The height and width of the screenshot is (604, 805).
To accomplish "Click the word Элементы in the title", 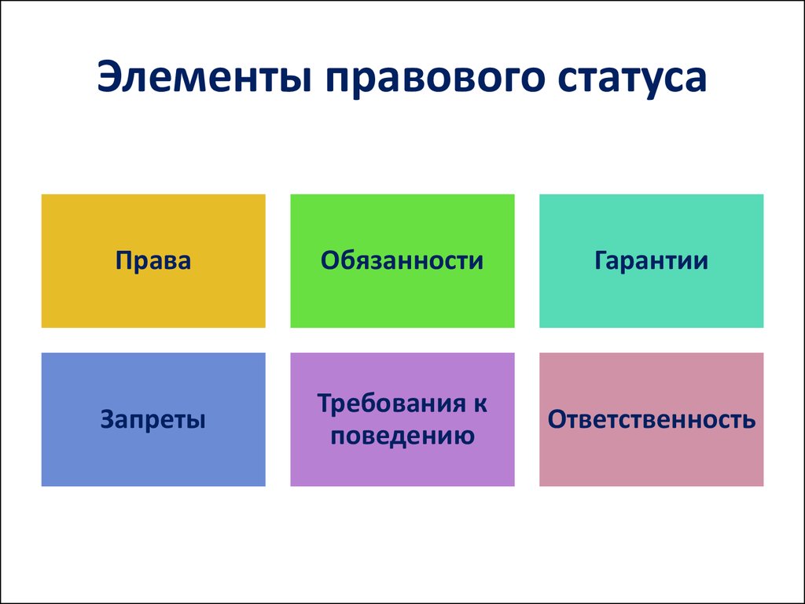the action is (204, 78).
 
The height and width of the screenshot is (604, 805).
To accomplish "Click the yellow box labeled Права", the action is (153, 261).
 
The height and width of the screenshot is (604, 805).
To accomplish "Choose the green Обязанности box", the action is (402, 261).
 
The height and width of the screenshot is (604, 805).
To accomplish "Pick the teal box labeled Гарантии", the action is (652, 261).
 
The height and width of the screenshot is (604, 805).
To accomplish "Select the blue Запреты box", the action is (153, 419).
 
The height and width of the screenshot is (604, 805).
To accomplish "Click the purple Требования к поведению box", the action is (402, 419).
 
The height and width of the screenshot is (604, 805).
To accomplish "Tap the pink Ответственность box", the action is (652, 419).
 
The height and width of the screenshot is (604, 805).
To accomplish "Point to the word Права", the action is (153, 261).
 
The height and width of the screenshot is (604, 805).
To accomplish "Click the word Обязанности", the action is (402, 260).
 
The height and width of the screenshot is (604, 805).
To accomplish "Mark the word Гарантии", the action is (651, 260).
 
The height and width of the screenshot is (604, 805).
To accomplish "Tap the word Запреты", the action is (153, 421).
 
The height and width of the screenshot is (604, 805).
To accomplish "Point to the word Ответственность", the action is (652, 420).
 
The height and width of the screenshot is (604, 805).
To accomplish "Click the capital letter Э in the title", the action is (111, 78).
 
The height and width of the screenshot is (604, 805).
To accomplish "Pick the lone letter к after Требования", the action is (479, 405).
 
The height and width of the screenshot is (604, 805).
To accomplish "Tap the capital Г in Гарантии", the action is (601, 260).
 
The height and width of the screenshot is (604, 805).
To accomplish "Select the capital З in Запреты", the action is (108, 420).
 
